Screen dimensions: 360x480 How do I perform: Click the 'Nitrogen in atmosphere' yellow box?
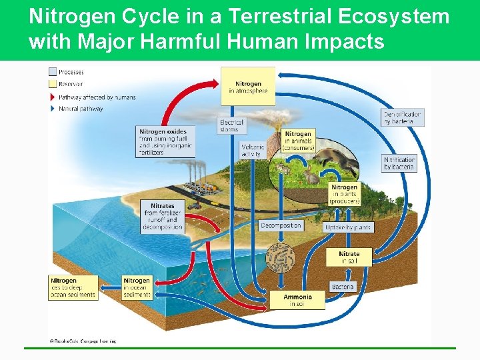tap(247, 86)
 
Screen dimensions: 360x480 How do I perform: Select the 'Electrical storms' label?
tap(231, 125)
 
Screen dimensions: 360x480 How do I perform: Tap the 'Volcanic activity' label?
tap(253, 151)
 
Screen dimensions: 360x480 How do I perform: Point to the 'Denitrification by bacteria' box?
tap(403, 117)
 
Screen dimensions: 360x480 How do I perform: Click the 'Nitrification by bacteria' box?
tap(399, 163)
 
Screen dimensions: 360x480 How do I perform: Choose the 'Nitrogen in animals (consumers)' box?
tap(298, 141)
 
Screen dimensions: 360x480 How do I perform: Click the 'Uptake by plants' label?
tap(348, 227)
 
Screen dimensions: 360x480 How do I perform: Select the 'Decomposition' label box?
tap(281, 225)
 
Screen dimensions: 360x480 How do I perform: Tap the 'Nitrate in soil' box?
tap(349, 257)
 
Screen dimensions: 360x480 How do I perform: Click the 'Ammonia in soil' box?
tap(297, 300)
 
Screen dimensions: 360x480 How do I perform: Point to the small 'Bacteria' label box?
tap(343, 287)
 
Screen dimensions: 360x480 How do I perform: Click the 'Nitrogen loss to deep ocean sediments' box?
tap(73, 287)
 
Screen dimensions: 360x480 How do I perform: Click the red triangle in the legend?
tap(53, 97)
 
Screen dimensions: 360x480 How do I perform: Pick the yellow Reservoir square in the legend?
tap(53, 84)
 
